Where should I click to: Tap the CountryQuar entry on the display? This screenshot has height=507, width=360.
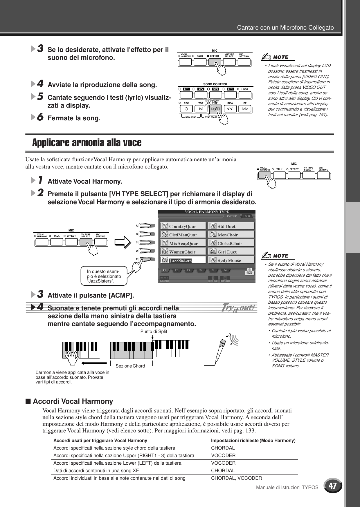click(x=183, y=226)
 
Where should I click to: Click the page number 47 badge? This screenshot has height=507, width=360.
click(x=333, y=486)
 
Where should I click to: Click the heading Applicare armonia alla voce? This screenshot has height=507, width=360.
click(x=87, y=143)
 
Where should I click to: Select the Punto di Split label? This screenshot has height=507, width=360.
click(x=154, y=331)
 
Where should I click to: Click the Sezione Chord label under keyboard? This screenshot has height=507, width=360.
click(x=130, y=366)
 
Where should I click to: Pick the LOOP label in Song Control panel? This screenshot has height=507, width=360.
click(x=245, y=89)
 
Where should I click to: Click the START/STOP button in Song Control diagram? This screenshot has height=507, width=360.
click(x=216, y=109)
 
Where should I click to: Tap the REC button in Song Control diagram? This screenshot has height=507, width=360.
click(x=186, y=109)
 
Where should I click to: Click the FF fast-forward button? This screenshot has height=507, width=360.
click(x=245, y=109)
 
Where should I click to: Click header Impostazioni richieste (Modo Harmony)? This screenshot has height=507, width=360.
click(x=253, y=440)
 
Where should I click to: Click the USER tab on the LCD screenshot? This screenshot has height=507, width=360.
click(x=246, y=216)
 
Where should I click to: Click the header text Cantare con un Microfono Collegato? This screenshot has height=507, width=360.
click(x=285, y=28)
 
